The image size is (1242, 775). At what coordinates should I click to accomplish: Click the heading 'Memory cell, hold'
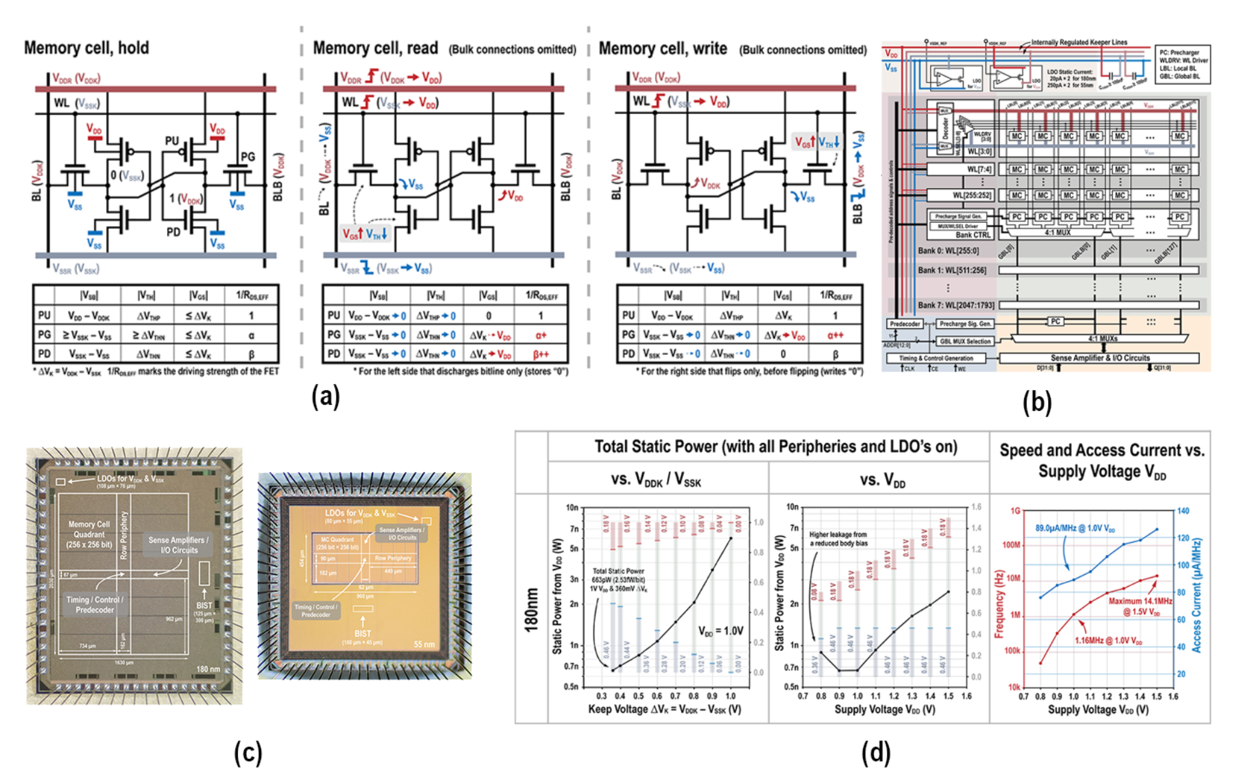(x=87, y=48)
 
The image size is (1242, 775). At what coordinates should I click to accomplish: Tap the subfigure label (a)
(x=326, y=396)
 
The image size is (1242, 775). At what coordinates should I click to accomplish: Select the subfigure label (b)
(x=1037, y=402)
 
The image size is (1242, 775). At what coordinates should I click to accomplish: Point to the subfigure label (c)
(x=248, y=752)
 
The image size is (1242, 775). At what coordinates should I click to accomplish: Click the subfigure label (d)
(x=876, y=752)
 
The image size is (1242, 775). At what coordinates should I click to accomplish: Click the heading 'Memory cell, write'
(x=663, y=49)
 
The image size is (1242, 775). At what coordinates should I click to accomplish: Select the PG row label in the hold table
(x=44, y=335)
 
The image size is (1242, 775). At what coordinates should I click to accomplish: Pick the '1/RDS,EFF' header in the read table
(x=541, y=295)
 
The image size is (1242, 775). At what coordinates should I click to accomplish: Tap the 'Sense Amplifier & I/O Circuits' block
(x=1100, y=358)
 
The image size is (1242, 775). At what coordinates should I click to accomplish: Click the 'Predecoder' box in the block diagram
(x=905, y=323)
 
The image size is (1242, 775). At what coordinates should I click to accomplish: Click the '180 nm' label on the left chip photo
(x=208, y=669)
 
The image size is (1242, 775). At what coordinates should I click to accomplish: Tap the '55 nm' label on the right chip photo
(x=424, y=644)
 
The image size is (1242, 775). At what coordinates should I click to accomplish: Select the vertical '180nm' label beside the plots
(x=531, y=610)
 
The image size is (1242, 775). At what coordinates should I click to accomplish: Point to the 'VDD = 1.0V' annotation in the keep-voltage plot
(x=720, y=631)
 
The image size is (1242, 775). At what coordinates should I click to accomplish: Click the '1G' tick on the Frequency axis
(x=1015, y=511)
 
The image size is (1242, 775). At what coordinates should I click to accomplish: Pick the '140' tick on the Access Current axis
(x=1183, y=511)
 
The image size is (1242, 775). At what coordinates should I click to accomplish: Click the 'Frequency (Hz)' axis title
(x=999, y=604)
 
